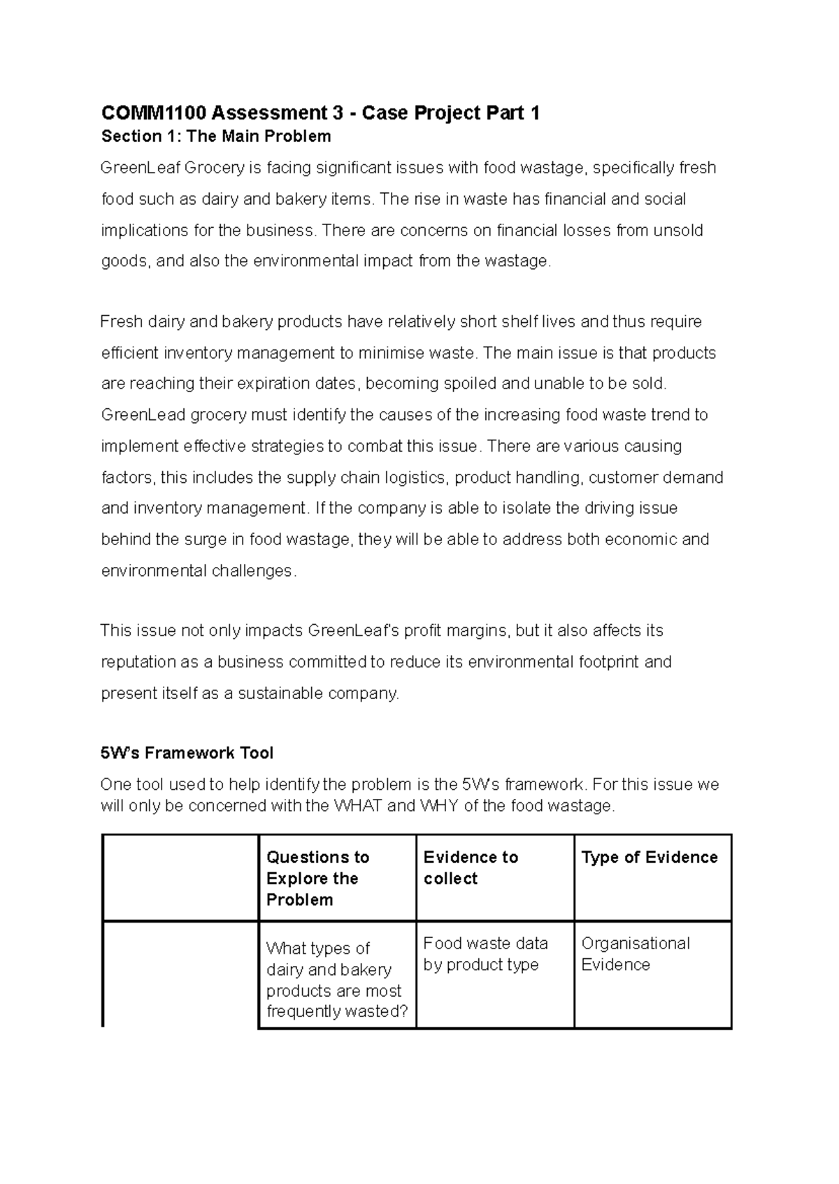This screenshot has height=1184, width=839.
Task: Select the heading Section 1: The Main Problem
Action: click(216, 136)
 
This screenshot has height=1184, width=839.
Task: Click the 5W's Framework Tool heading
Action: click(187, 753)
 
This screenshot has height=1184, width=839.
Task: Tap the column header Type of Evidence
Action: click(649, 858)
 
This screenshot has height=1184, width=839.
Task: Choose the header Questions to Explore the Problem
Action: click(317, 878)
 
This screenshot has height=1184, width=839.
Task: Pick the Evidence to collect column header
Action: click(471, 867)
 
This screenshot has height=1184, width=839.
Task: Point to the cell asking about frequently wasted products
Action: click(336, 979)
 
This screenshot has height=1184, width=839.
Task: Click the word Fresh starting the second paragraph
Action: click(120, 322)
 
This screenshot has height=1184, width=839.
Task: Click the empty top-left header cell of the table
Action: click(180, 878)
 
